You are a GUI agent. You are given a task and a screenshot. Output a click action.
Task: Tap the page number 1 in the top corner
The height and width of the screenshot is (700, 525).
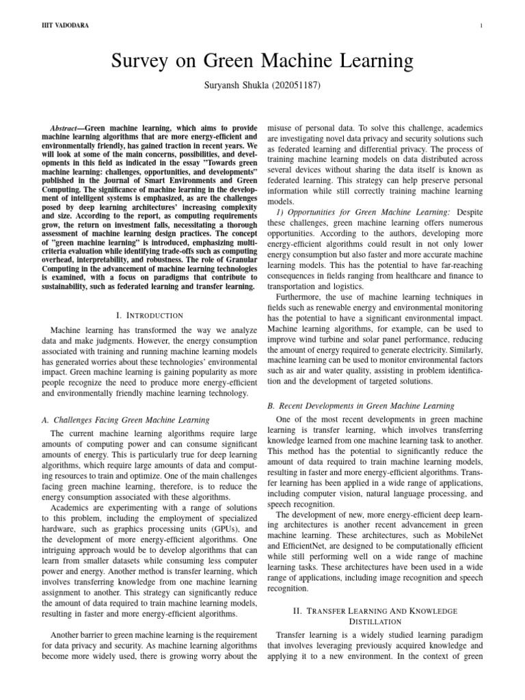482,26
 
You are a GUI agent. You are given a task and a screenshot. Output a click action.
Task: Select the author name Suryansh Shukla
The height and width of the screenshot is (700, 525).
241,87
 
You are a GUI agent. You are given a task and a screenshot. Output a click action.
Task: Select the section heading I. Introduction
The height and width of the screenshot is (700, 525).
150,315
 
